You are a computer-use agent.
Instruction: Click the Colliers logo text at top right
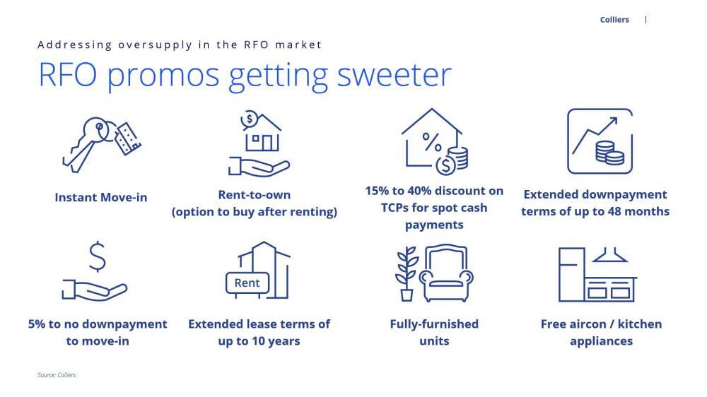614,20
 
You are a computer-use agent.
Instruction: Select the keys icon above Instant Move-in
101,144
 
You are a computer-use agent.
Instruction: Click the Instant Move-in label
101,197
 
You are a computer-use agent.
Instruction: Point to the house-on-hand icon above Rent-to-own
259,143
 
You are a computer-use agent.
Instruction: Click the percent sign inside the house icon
431,143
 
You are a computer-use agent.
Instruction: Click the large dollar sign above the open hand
98,257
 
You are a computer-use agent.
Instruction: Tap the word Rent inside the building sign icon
247,283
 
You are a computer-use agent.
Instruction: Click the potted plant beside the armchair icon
407,273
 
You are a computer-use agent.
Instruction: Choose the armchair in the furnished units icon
446,273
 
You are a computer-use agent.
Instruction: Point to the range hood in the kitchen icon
609,255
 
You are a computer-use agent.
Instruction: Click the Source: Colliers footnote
57,375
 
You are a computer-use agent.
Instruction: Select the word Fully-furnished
434,324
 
